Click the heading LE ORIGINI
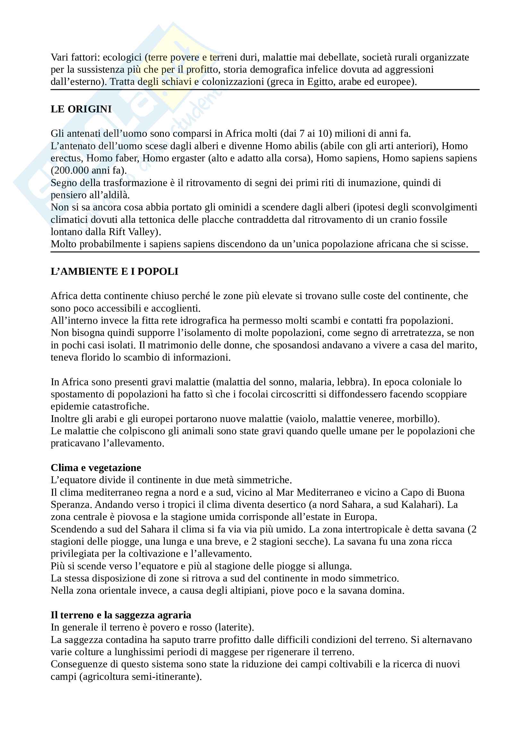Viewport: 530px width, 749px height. (x=81, y=109)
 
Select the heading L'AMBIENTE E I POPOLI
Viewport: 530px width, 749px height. (x=114, y=272)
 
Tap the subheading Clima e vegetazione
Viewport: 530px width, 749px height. (x=96, y=468)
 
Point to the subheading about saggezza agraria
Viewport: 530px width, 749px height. (x=121, y=615)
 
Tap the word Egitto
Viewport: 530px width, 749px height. (x=321, y=82)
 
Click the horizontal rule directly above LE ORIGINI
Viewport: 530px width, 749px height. (x=265, y=89)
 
